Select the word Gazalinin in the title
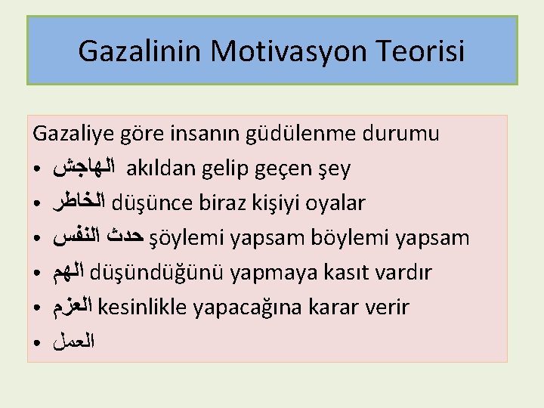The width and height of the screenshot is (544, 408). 141,52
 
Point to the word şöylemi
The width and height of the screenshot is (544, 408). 186,238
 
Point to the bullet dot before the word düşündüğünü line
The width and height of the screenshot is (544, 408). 37,274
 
